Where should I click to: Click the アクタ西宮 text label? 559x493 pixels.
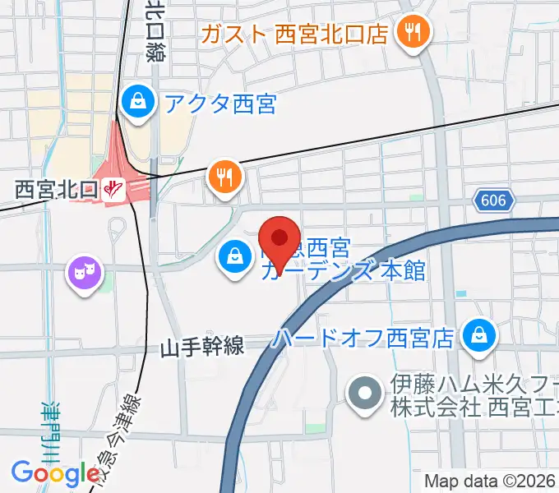click(x=219, y=104)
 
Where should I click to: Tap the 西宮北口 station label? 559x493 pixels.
click(x=57, y=190)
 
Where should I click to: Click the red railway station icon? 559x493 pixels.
click(x=113, y=189)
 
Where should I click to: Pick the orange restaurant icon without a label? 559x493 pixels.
click(x=224, y=175)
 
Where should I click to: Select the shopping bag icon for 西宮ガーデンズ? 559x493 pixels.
click(x=235, y=256)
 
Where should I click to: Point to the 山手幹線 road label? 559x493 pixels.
click(x=202, y=348)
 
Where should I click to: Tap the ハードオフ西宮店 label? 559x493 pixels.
click(x=364, y=337)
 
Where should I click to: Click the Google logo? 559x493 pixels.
click(x=55, y=473)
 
